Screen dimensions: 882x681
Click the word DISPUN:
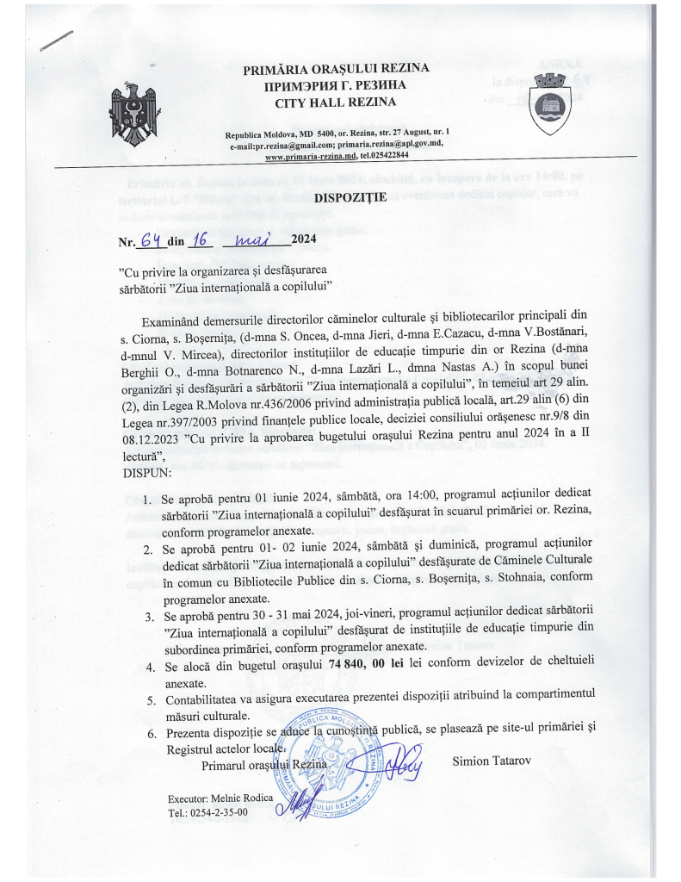coord(148,472)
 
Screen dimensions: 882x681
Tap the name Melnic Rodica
coord(220,798)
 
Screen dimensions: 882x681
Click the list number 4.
coord(150,665)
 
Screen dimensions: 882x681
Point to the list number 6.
coord(150,733)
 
